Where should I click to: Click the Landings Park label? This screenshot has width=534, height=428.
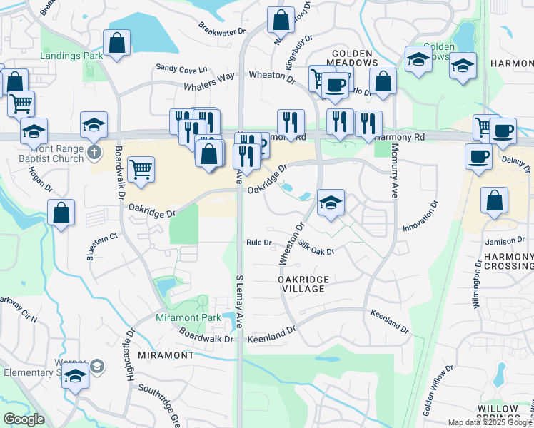tap(72, 55)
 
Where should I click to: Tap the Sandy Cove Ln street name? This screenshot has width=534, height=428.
tap(182, 68)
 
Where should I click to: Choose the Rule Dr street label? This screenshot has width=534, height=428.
tap(259, 243)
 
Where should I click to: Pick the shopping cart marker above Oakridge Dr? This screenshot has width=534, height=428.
tap(141, 170)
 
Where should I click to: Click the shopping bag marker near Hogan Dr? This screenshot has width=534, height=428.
tap(62, 212)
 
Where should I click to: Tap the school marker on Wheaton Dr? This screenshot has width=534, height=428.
tap(330, 202)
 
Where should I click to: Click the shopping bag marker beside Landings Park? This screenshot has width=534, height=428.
tap(116, 43)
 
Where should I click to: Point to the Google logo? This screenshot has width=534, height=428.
tap(24, 419)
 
